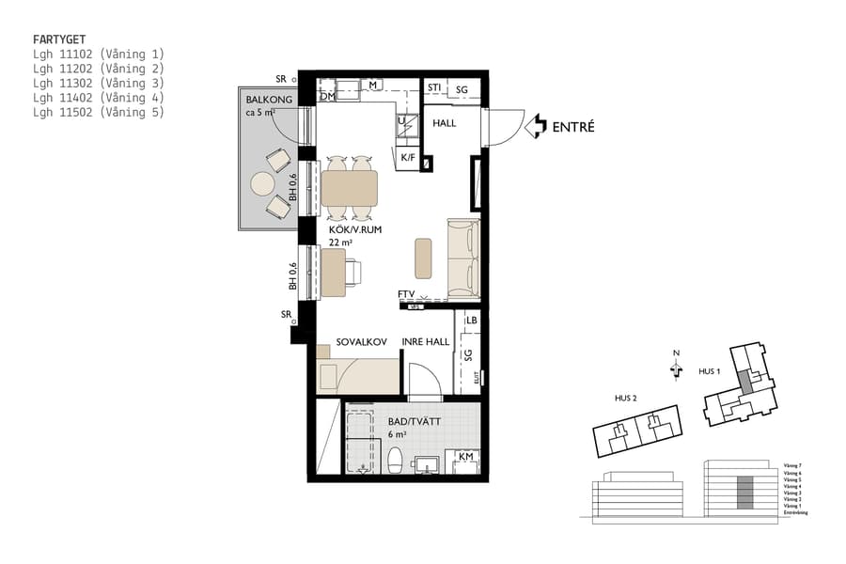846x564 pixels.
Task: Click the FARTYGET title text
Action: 61,40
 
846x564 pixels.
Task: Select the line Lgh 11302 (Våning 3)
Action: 99,83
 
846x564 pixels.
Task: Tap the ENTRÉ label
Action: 573,127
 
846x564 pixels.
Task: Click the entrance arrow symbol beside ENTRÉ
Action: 535,126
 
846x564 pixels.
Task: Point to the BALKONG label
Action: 269,100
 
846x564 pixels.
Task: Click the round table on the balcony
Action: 262,181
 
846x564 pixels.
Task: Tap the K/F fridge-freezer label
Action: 408,157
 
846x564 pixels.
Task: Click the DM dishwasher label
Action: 328,96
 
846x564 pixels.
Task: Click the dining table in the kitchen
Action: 350,189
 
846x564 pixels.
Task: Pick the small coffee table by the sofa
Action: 424,257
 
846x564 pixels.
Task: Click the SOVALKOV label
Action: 362,342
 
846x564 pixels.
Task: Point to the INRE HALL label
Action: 426,342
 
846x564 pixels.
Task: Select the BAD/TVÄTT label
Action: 415,422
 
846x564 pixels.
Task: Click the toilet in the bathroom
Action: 396,461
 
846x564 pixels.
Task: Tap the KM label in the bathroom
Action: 464,457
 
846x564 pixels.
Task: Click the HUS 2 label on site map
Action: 625,399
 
